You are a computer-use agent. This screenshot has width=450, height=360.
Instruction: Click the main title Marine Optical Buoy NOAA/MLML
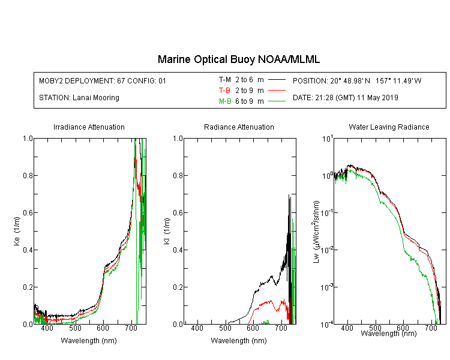pos(238,59)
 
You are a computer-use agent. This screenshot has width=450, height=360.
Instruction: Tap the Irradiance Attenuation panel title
pos(89,127)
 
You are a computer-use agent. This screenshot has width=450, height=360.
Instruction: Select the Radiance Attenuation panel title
pos(239,127)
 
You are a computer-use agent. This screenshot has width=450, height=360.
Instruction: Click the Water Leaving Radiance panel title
pos(389,127)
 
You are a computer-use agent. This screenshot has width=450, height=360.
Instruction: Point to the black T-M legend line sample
pos(277,80)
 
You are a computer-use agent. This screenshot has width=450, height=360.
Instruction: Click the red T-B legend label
pos(224,91)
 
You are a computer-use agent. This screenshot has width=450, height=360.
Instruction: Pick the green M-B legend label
pos(225,101)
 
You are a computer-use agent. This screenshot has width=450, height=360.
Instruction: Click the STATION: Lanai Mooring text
pos(79,98)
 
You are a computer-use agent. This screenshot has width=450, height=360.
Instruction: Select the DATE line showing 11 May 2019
pos(345,98)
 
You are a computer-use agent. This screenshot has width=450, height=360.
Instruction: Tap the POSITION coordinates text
pos(357,80)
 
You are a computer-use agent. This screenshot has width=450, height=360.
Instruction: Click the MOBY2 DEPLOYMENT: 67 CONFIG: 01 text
pos(103,80)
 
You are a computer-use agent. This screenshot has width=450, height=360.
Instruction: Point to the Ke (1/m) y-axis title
pos(17,231)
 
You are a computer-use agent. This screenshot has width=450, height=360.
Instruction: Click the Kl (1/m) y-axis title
pos(167,231)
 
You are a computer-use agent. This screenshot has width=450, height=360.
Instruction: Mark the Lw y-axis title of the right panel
pos(316,232)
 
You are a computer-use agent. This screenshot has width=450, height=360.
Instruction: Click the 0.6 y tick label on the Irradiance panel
pos(28,213)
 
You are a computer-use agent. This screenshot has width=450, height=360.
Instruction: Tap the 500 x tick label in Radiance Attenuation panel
pos(225,328)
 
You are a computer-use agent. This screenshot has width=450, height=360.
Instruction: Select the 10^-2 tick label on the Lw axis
pos(327,249)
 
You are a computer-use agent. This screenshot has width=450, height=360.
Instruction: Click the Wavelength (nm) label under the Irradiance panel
pos(89,341)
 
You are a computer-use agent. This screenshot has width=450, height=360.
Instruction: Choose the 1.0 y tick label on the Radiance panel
pos(178,139)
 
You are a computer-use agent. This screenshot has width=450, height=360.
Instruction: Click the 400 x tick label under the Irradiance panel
pos(47,328)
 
